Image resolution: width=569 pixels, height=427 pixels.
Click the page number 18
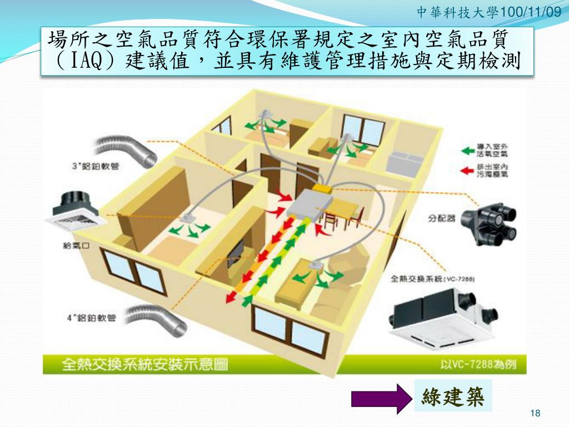(536, 413)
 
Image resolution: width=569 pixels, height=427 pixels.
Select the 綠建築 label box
(453, 396)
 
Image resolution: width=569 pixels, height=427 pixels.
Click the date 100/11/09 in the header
(530, 11)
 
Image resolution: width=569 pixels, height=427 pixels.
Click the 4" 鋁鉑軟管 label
(91, 318)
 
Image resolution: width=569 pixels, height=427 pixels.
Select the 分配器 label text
(442, 219)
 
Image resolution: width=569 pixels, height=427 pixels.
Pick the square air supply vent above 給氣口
(75, 215)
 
